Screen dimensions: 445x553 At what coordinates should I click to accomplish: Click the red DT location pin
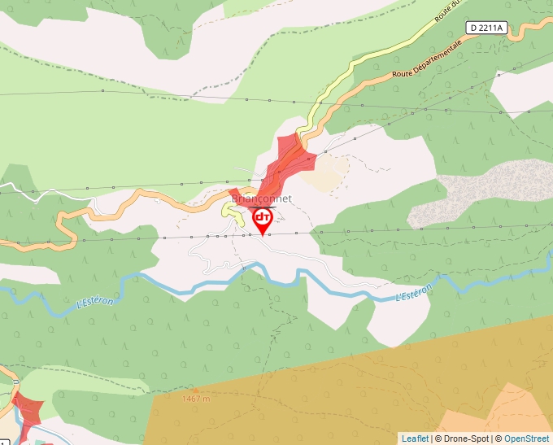[262, 219]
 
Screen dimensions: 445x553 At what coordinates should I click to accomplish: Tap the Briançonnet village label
[262, 199]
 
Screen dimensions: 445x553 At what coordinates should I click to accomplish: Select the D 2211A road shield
[487, 28]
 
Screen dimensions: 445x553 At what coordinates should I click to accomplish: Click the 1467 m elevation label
[196, 399]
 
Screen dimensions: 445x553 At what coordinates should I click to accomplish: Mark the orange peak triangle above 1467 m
[195, 390]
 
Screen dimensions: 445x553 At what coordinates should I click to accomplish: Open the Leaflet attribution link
[415, 438]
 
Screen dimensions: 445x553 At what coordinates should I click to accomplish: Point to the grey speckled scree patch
[480, 191]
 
